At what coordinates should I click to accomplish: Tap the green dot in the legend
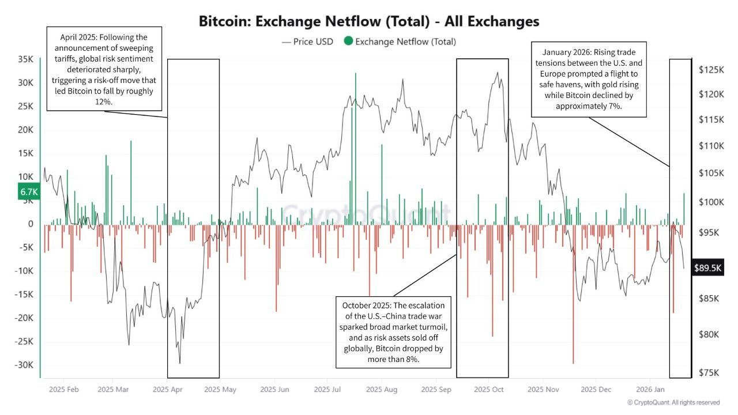click(x=348, y=41)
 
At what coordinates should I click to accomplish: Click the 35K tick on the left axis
click(x=26, y=59)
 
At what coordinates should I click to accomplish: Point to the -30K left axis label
click(x=24, y=365)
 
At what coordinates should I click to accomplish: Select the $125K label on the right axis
click(x=711, y=70)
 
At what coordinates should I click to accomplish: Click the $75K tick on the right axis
click(x=711, y=373)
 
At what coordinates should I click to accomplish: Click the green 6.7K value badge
click(x=28, y=192)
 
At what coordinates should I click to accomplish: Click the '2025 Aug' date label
click(x=382, y=390)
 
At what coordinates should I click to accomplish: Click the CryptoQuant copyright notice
click(x=673, y=402)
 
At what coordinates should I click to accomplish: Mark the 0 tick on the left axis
click(x=31, y=224)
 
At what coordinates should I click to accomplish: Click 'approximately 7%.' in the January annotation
click(x=589, y=106)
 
